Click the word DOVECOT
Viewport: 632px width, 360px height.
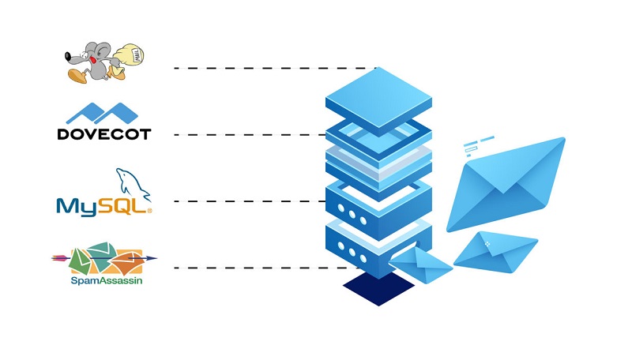click(103, 134)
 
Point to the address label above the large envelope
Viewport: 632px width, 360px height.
click(474, 147)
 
